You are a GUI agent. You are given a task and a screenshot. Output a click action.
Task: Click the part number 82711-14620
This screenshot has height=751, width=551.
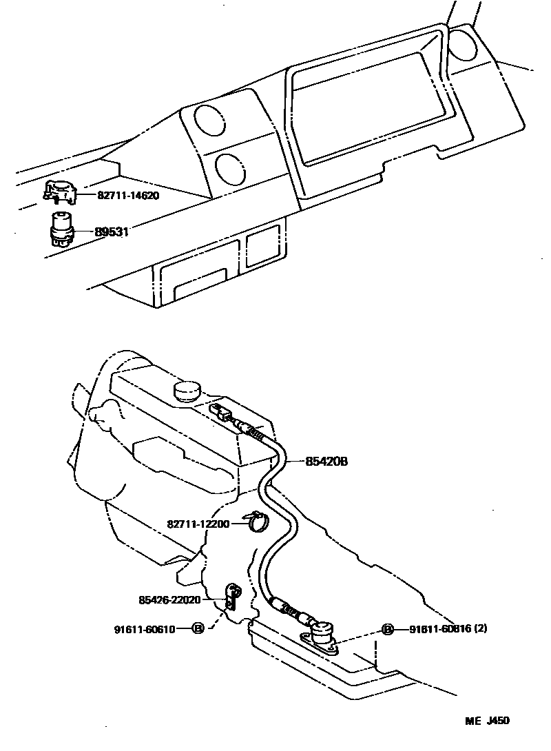tap(128, 196)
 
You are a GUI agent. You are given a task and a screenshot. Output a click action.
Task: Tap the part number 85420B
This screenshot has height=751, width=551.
tap(327, 462)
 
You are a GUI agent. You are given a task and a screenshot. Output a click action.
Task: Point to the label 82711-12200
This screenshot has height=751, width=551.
tap(198, 524)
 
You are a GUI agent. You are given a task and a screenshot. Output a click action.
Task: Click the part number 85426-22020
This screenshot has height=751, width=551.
tap(169, 600)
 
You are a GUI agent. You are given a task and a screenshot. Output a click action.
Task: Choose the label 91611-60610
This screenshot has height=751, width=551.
tap(145, 629)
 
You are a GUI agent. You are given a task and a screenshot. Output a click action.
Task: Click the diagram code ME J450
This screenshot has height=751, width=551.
tap(488, 721)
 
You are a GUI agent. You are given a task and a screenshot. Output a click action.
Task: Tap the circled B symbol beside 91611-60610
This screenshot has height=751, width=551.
tap(198, 629)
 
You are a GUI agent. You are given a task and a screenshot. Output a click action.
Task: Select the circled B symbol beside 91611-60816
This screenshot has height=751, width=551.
tap(387, 630)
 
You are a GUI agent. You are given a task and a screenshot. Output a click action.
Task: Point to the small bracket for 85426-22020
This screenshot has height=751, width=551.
tap(233, 596)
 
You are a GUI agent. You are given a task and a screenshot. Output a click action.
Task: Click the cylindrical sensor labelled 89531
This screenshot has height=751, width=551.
tap(61, 229)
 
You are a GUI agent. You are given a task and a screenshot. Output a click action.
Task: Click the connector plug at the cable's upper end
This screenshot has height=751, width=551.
tap(222, 414)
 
